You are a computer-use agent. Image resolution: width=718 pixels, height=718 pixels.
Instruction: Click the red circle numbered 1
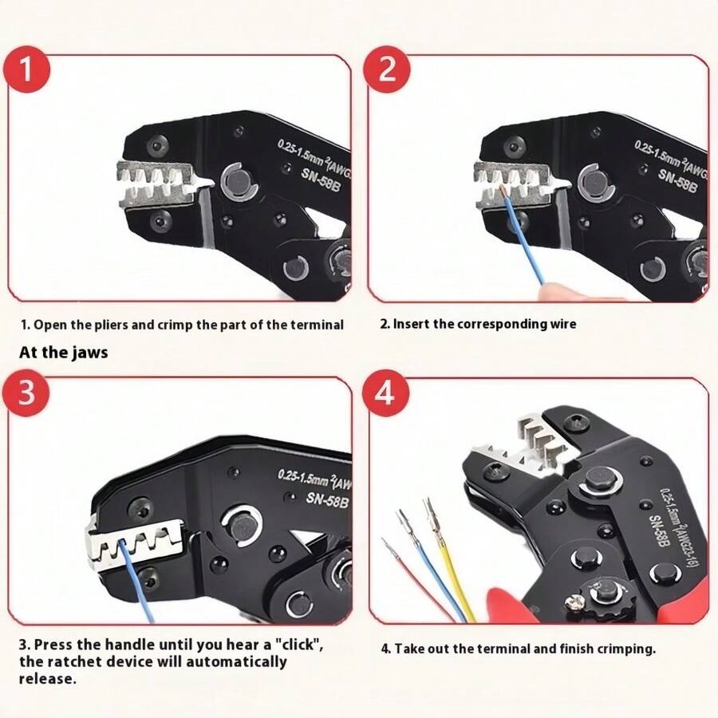tap(28, 69)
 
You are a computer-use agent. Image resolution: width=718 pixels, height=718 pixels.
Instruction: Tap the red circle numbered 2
tap(387, 69)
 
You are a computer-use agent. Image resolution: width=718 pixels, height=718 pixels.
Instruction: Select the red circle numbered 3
tap(28, 393)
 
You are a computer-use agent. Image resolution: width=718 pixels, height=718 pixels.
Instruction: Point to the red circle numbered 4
tap(387, 393)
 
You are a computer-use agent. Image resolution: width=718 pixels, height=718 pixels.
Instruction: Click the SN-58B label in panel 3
tap(327, 500)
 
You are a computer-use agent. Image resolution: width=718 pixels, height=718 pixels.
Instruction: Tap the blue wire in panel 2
tap(526, 239)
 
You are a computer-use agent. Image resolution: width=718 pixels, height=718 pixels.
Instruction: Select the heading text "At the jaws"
tap(64, 352)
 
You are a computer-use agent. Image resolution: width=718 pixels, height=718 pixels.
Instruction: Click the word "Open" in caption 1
tap(50, 325)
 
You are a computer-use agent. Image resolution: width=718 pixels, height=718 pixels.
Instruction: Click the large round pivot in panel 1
tap(237, 182)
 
